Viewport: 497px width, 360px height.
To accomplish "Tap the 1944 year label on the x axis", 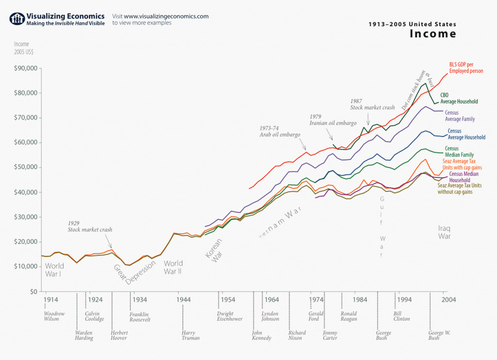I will click(183, 300).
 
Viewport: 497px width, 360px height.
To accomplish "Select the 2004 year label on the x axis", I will click(447, 300).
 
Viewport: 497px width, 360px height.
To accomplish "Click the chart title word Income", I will click(433, 34).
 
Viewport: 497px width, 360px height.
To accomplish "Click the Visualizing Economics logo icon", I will click(17, 19).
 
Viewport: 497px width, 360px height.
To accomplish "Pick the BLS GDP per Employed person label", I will click(466, 68).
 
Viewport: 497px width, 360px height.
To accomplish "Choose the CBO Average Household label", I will click(459, 98).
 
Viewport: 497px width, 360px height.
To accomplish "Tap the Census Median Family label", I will click(458, 152).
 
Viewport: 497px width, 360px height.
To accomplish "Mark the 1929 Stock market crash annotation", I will click(89, 227).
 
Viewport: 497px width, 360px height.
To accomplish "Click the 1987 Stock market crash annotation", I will click(372, 104).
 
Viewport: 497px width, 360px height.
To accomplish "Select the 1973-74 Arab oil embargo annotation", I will click(280, 131).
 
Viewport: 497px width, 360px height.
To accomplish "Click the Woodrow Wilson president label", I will click(54, 316).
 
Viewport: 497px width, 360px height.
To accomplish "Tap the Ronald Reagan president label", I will click(349, 316).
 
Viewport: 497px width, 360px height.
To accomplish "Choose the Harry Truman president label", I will click(190, 335).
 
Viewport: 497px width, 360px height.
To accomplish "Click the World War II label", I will click(173, 267).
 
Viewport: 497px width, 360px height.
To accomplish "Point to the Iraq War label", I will click(445, 232).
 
